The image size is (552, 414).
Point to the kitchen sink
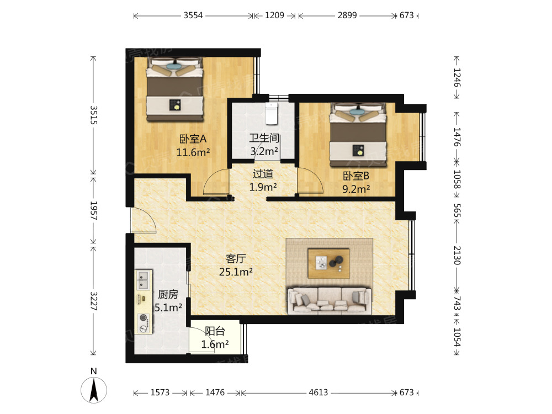coord(144,280)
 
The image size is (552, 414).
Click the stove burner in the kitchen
coord(144,319)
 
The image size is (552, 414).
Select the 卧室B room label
coord(355,176)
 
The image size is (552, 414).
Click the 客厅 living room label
coord(236,258)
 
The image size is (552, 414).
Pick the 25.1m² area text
coord(236,272)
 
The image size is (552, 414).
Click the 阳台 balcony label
coord(215,331)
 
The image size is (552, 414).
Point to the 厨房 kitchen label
coord(167,294)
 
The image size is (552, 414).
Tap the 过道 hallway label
coord(263,174)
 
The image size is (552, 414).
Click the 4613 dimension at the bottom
coord(318,392)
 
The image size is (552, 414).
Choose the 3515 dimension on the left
coord(93,115)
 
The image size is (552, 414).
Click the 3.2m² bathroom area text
coord(264,151)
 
